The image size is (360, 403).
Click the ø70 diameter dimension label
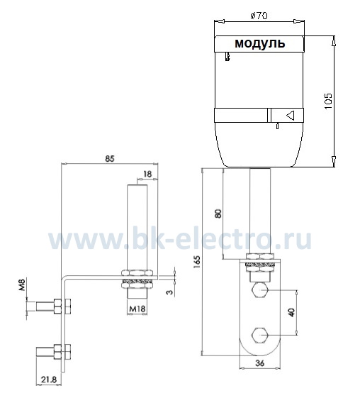coord(259,16)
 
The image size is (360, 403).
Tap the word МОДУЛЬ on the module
coord(259,43)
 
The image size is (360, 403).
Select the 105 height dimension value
coord(328,101)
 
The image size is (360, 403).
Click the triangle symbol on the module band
coord(291,115)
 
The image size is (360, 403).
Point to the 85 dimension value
coord(109,159)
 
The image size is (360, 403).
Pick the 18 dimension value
coord(147,174)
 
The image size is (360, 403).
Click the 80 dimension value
coord(218,214)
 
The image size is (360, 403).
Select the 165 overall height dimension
coord(197,262)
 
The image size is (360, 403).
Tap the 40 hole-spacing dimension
coord(292,312)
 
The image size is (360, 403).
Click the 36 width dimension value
coord(260,363)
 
